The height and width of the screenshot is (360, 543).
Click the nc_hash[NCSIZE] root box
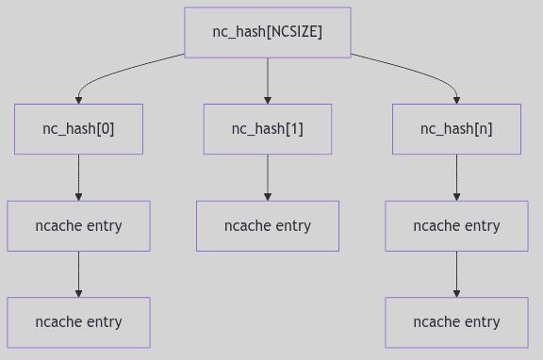(x=267, y=32)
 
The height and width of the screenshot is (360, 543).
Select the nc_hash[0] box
(x=78, y=129)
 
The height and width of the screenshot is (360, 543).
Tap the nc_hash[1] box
(x=268, y=129)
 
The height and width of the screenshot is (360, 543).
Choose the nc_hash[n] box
(x=456, y=129)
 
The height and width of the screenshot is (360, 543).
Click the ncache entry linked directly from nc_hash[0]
(x=78, y=226)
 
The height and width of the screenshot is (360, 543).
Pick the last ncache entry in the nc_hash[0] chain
(x=78, y=322)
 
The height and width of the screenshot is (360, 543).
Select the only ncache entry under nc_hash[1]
(x=268, y=226)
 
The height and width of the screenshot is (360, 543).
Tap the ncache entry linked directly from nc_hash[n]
(x=456, y=226)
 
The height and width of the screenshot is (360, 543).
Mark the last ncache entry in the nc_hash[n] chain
(x=456, y=322)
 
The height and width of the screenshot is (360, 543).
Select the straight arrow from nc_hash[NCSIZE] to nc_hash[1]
(x=268, y=80)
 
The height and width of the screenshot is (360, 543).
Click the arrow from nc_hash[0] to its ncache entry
(x=78, y=177)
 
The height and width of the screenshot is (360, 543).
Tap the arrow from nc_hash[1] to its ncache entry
(x=268, y=177)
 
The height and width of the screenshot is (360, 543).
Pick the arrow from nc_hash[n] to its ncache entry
(x=456, y=177)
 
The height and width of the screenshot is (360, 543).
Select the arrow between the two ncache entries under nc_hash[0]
(x=78, y=274)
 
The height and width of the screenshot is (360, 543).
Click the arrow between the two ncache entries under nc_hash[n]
(x=456, y=274)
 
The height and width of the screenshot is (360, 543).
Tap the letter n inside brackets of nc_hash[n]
(x=483, y=129)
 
